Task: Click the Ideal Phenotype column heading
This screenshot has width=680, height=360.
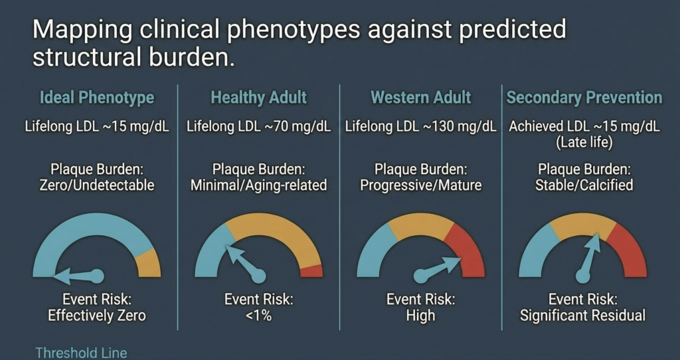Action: click(97, 98)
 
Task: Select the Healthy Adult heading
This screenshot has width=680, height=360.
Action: click(259, 98)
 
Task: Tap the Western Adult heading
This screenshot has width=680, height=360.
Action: click(421, 98)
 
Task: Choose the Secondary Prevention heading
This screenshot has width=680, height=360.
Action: click(584, 98)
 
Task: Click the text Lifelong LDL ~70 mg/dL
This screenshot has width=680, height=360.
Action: click(259, 127)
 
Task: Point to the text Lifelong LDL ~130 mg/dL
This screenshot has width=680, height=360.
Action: click(421, 127)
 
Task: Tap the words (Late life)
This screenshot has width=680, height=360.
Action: click(584, 143)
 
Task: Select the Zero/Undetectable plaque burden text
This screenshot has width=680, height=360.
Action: click(97, 185)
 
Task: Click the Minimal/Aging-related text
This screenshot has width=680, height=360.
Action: click(259, 185)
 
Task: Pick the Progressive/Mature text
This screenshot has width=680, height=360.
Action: click(421, 185)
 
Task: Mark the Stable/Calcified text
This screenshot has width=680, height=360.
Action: click(584, 185)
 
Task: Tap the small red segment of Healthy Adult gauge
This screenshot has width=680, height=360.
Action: click(312, 271)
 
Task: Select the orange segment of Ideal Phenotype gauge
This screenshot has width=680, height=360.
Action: click(149, 264)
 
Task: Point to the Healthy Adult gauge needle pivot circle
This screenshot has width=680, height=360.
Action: click(259, 276)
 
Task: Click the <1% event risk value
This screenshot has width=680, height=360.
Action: click(259, 315)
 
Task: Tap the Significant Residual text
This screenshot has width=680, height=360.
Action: click(583, 315)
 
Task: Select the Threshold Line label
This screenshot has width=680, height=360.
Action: click(81, 353)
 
